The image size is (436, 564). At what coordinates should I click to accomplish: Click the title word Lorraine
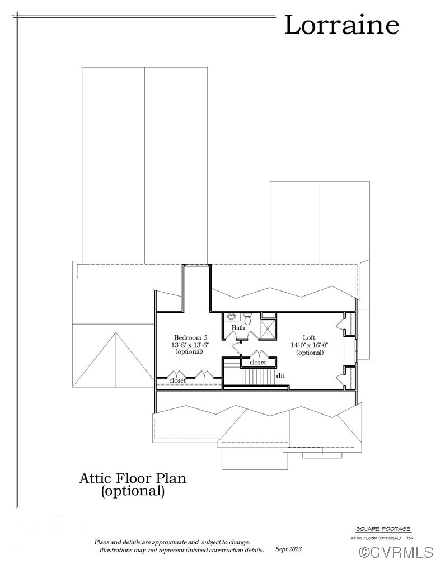(x=341, y=26)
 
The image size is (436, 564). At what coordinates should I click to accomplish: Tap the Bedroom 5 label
(x=190, y=337)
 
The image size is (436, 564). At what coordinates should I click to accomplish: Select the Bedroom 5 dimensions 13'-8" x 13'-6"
(x=190, y=345)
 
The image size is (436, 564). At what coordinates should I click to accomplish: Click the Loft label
(x=309, y=337)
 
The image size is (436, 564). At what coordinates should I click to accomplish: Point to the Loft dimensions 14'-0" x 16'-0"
(x=309, y=345)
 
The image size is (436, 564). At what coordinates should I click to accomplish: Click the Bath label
(x=238, y=327)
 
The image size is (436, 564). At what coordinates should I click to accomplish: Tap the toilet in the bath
(x=250, y=319)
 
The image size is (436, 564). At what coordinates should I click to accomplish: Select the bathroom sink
(x=231, y=317)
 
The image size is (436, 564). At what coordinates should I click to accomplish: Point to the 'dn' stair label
(x=280, y=376)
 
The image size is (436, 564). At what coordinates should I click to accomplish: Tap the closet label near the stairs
(x=257, y=363)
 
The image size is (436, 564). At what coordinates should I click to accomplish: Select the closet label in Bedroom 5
(x=177, y=380)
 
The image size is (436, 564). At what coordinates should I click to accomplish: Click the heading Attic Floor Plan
(x=133, y=478)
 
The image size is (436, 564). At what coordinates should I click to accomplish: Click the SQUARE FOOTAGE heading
(x=383, y=529)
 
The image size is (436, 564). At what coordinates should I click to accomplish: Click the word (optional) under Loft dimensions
(x=310, y=352)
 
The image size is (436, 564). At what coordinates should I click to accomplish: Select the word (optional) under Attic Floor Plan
(x=133, y=492)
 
